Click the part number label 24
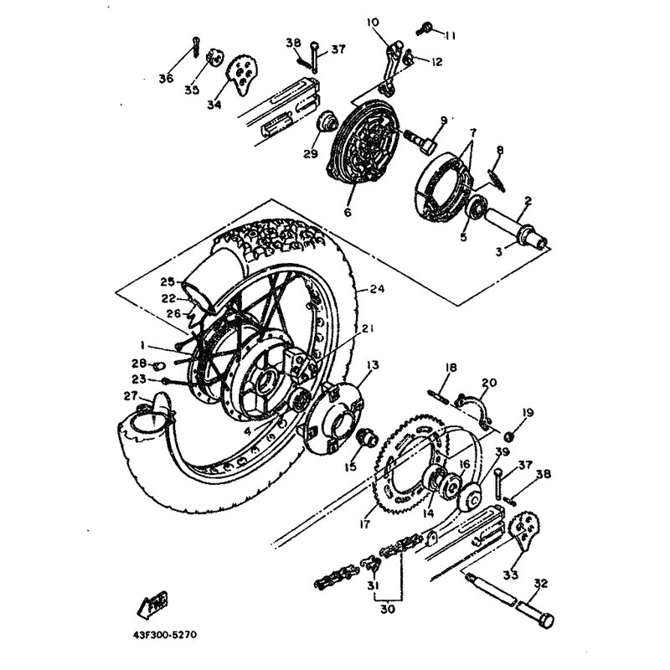coord(378,289)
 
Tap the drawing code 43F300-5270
coord(162,635)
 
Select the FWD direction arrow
coord(152,604)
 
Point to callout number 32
coord(540,584)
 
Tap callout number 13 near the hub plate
coord(373,365)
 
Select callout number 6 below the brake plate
coord(348,212)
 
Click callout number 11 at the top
coord(449,36)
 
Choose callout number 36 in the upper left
coord(167,79)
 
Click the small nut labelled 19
coord(509,436)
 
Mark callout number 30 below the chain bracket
coord(388,610)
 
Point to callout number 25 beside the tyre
coord(168,282)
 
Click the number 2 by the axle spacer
coord(528,201)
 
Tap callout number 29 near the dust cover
coord(311,154)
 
